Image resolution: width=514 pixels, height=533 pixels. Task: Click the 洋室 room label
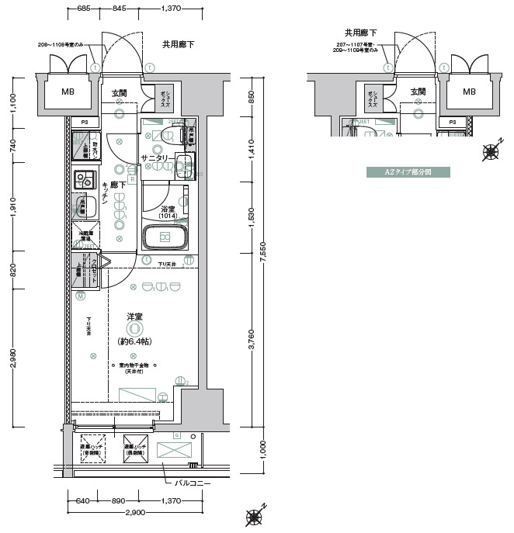[134, 317]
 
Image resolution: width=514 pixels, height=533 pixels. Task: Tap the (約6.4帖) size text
[134, 342]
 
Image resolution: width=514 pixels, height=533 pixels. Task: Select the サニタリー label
[156, 158]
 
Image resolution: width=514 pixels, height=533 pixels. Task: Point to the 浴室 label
[167, 210]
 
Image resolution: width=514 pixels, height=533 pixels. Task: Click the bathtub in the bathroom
[165, 237]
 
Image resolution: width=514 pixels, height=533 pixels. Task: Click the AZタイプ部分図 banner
[408, 172]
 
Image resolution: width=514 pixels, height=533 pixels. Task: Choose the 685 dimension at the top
[85, 9]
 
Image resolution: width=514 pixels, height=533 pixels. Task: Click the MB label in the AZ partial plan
[470, 92]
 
